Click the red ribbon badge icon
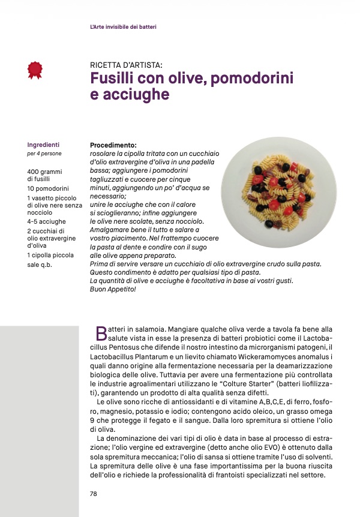(35, 70)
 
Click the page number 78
(94, 494)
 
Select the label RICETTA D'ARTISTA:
(126, 65)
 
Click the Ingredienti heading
(43, 145)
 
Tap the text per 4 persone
(44, 154)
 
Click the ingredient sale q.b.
(41, 264)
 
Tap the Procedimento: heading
(113, 145)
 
